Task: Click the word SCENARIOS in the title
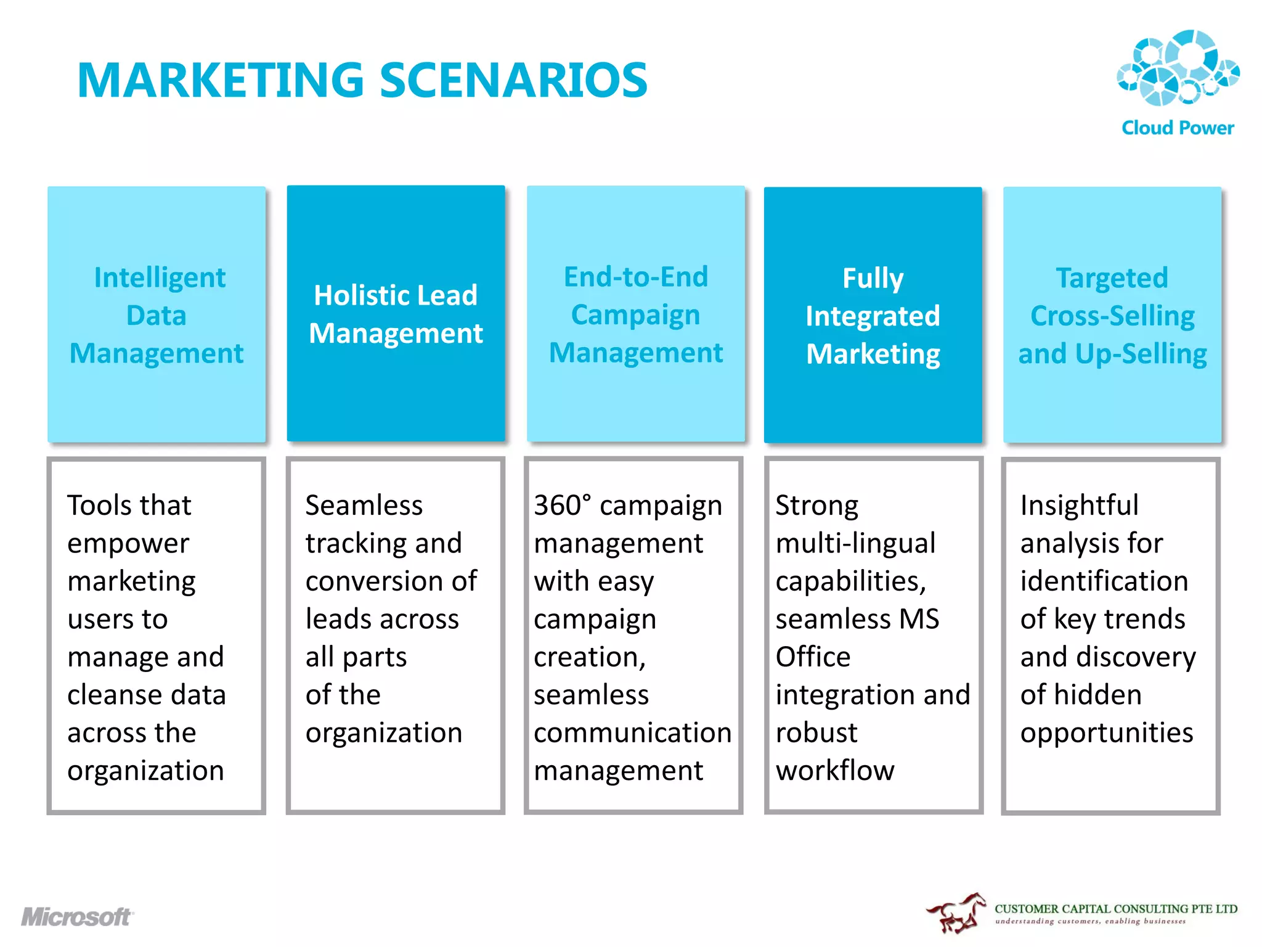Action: coord(513,80)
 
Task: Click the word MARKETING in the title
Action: coord(221,80)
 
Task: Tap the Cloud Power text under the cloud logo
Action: coord(1178,128)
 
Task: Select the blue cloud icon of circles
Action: coord(1178,68)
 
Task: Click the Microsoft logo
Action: coord(76,917)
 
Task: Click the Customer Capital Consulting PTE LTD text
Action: coord(1116,909)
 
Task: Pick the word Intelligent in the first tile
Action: coord(160,277)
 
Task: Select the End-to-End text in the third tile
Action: coord(636,277)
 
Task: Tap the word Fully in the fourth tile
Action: coord(873,278)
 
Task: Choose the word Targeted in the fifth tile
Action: coord(1112,278)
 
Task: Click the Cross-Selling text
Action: coord(1112,316)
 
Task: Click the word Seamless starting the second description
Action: coord(364,506)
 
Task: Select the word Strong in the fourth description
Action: coord(816,506)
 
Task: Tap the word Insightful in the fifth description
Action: coord(1079,506)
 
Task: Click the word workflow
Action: coord(835,771)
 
